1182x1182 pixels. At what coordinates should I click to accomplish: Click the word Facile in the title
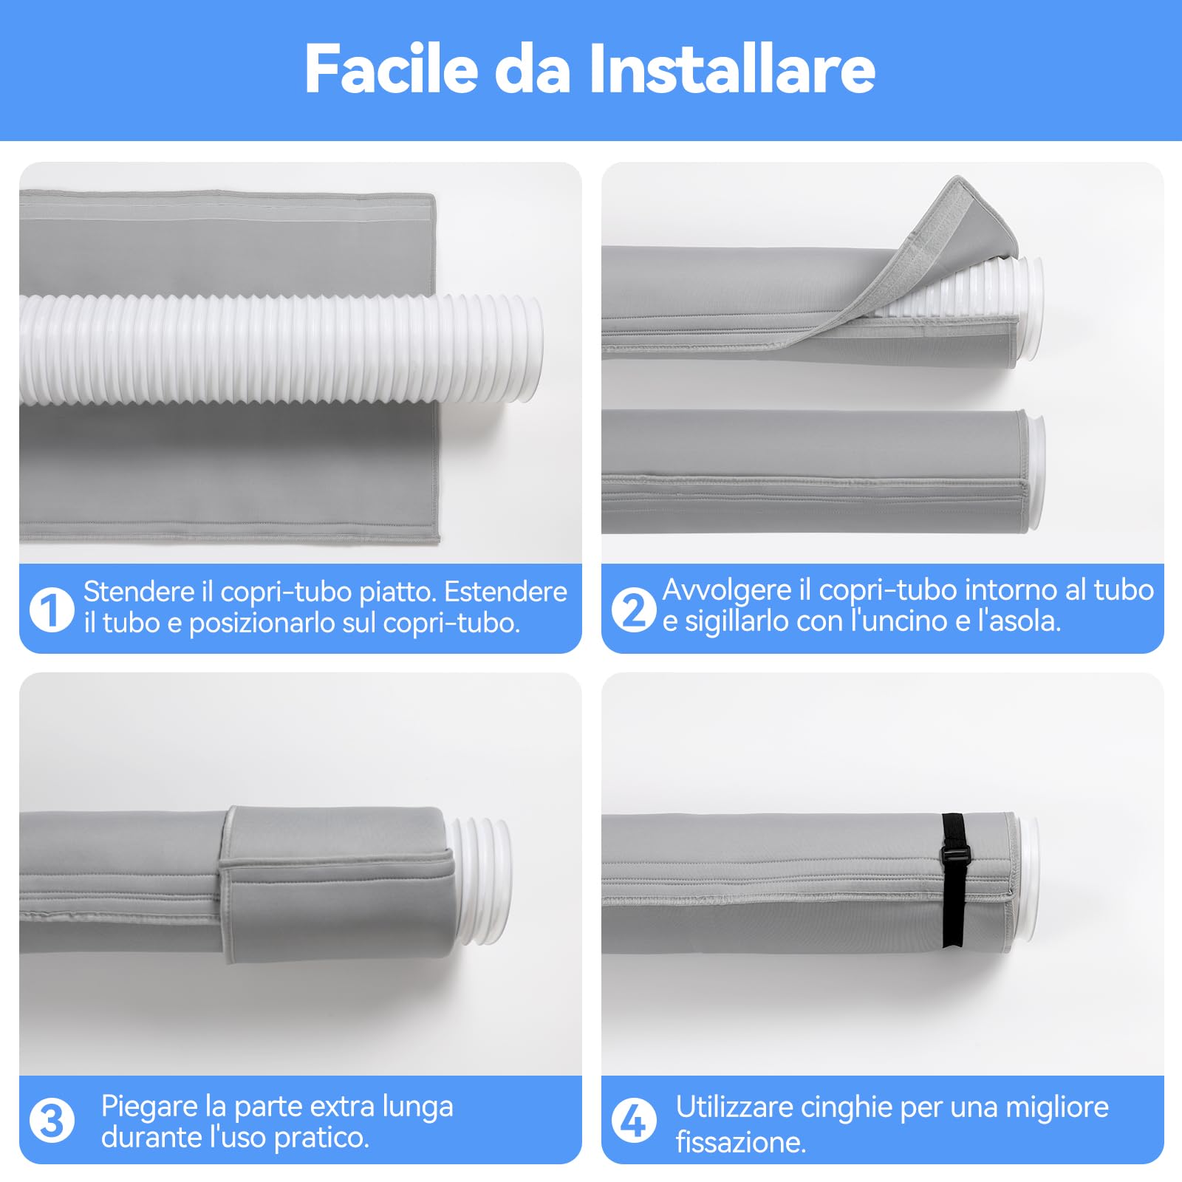click(392, 69)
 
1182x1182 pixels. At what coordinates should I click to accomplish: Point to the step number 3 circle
click(52, 1121)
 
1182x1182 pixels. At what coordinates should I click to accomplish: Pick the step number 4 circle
click(634, 1121)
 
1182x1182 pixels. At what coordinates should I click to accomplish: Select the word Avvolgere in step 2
click(727, 590)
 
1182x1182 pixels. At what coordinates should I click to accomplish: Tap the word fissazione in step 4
click(739, 1142)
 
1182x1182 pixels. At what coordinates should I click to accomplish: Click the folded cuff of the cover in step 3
click(332, 879)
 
